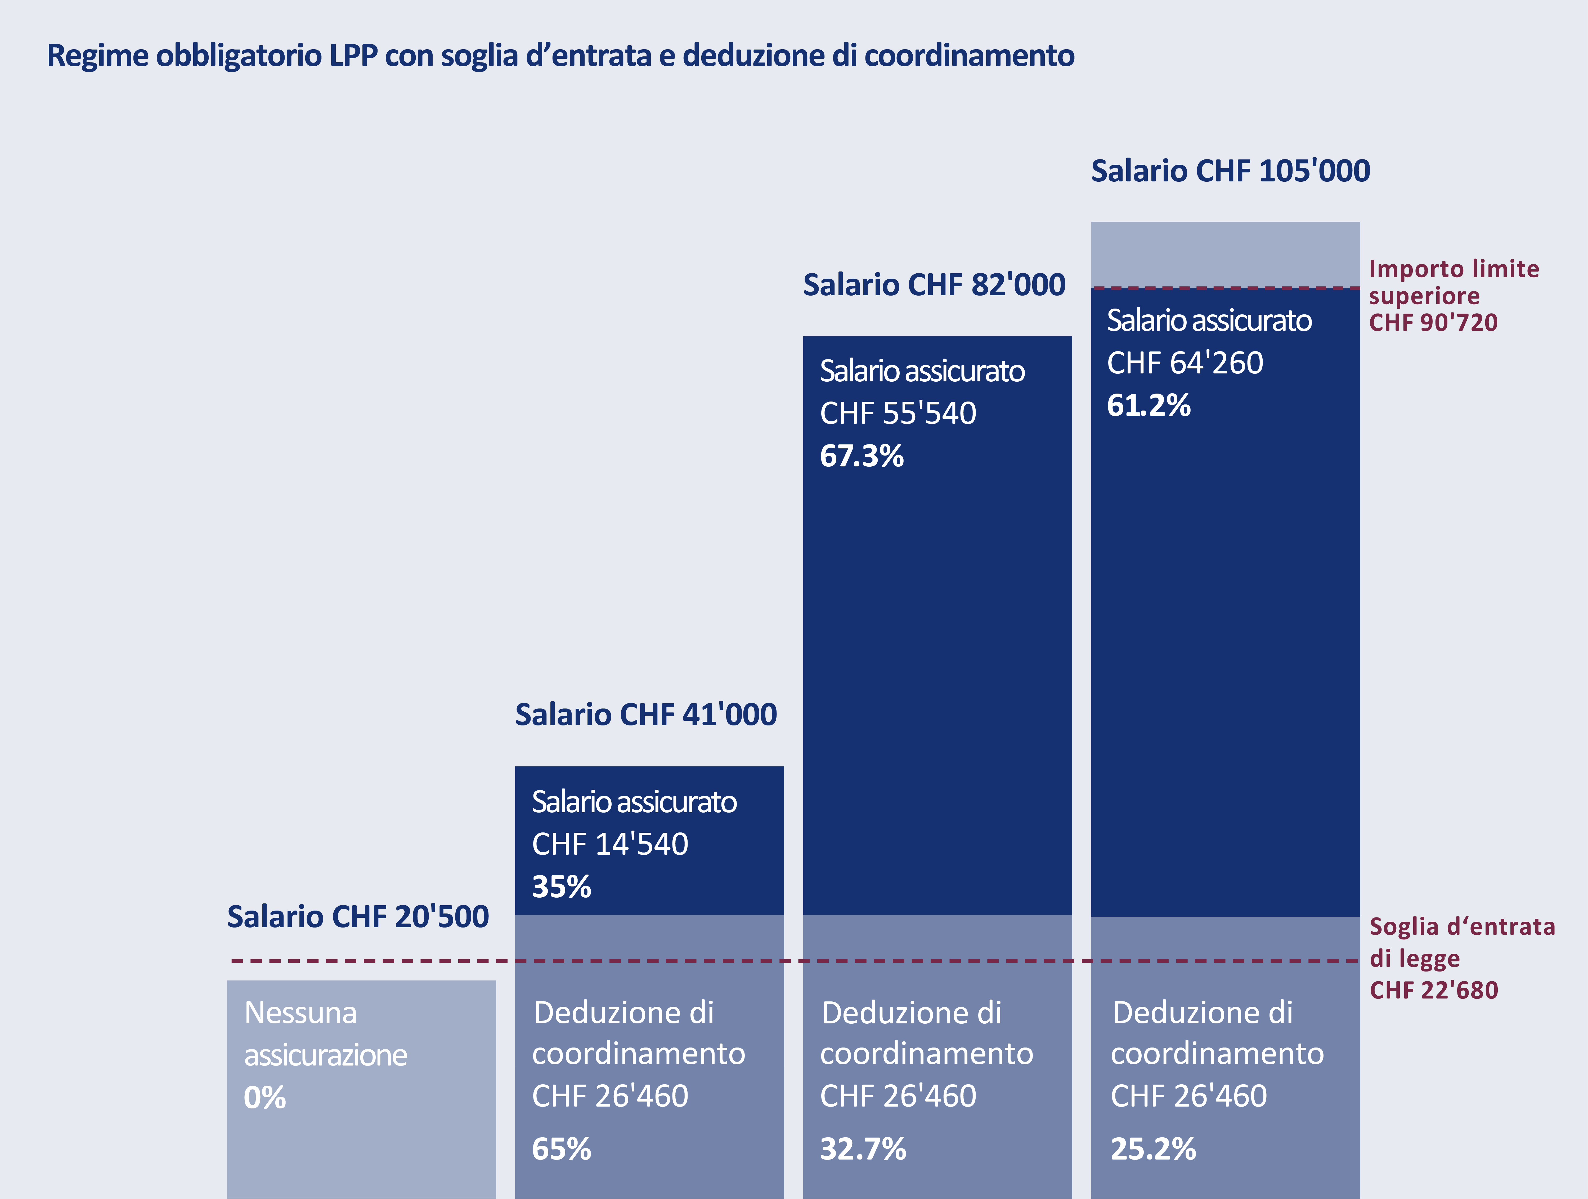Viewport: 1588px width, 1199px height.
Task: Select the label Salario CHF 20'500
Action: tap(357, 917)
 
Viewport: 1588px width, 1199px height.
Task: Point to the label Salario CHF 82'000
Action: tap(933, 285)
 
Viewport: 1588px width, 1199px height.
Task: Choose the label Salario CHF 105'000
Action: tap(1230, 171)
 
